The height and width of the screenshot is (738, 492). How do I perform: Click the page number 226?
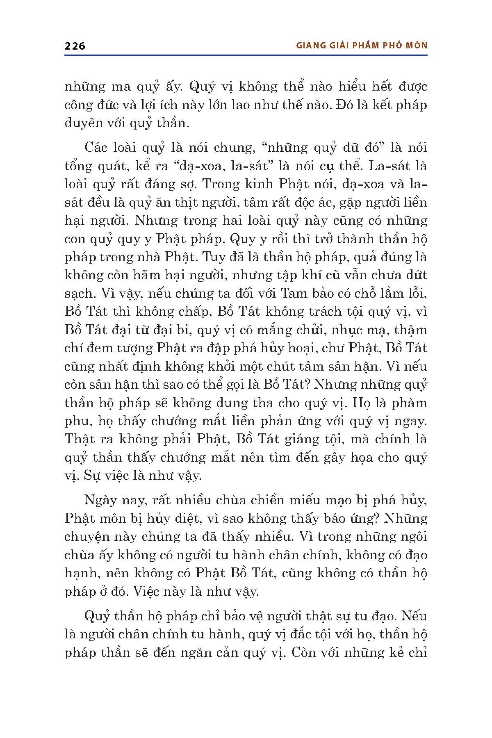75,46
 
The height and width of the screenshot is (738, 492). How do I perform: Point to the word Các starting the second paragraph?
95,148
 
